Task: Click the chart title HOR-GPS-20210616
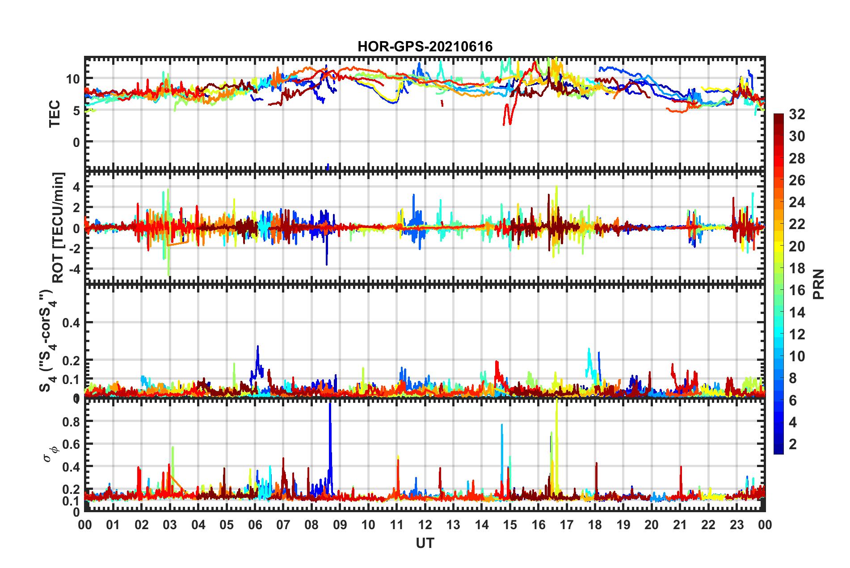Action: pos(425,46)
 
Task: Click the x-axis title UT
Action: pos(425,543)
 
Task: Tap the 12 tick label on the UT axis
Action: pos(425,525)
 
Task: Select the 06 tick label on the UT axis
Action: pos(255,525)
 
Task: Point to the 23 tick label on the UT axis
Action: pos(736,525)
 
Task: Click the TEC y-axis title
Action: pos(55,114)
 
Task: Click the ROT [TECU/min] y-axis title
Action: pos(58,228)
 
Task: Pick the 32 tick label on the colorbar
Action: pos(796,114)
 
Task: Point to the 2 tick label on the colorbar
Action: pos(792,444)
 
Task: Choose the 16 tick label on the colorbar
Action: pos(796,290)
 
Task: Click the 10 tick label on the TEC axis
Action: pos(72,79)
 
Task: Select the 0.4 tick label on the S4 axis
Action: pos(71,322)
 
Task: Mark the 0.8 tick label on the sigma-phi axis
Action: pos(71,422)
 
